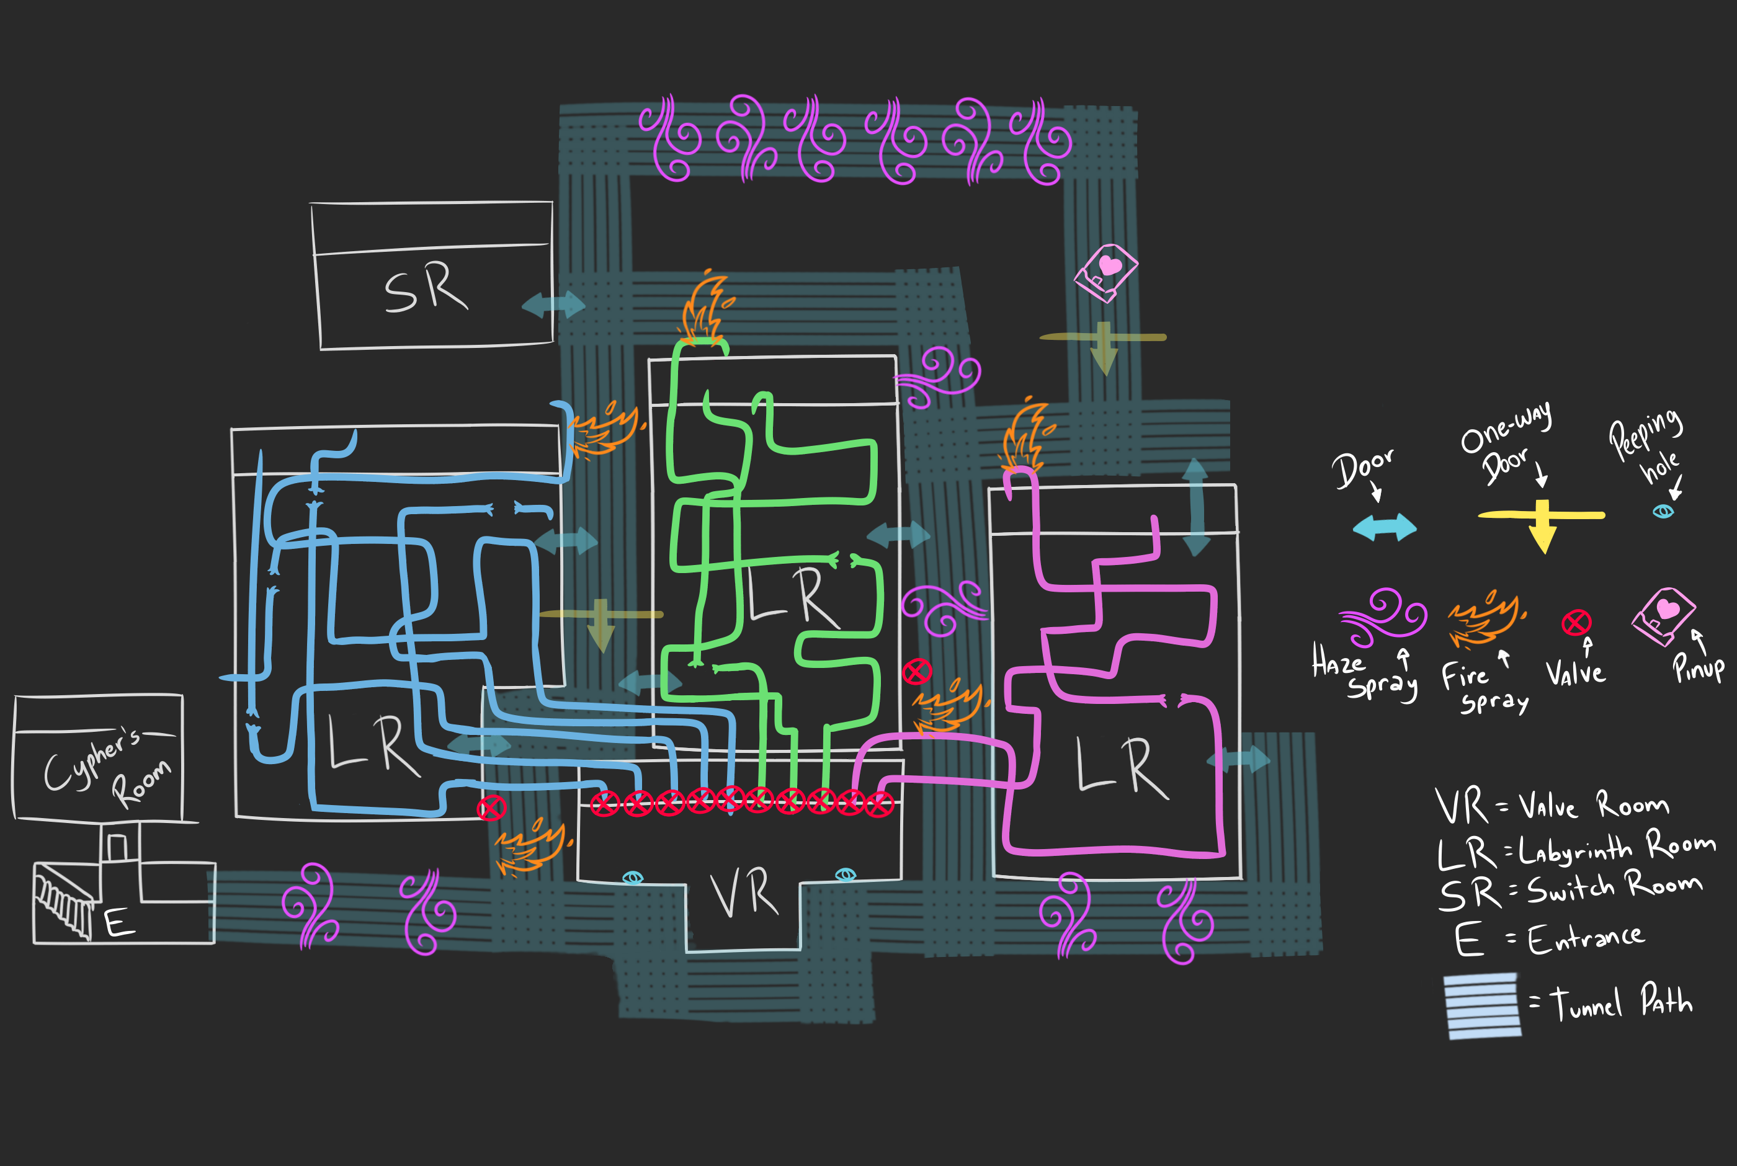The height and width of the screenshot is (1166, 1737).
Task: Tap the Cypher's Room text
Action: (x=109, y=769)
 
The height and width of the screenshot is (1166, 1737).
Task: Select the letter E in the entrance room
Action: (x=119, y=923)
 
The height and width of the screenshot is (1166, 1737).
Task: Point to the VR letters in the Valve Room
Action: (x=744, y=894)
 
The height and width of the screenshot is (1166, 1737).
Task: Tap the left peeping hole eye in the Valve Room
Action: (x=632, y=878)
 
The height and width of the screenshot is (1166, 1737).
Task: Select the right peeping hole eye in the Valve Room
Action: (x=846, y=874)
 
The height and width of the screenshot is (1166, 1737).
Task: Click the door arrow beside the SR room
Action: (x=553, y=305)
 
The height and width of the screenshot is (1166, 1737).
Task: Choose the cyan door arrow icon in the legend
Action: (x=1385, y=527)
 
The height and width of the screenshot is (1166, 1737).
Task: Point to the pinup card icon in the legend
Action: (x=1664, y=616)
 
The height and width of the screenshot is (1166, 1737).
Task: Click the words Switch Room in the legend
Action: (x=1614, y=887)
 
